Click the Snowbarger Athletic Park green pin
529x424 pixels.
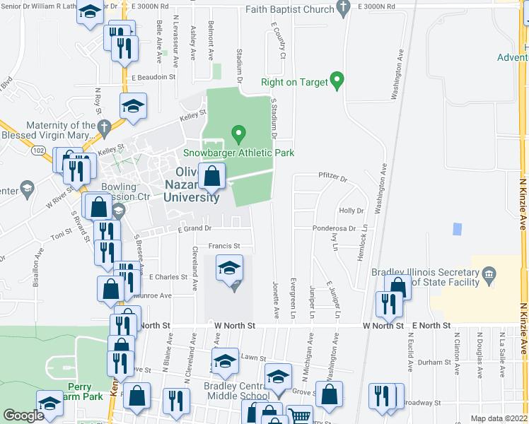[239, 132]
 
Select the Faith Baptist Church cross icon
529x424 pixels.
[344, 9]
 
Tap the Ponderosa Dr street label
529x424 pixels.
[335, 228]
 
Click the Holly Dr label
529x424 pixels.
[351, 211]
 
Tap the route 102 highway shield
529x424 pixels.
[39, 150]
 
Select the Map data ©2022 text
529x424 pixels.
[499, 418]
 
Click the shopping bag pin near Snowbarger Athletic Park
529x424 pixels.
[211, 175]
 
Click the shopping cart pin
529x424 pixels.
[298, 416]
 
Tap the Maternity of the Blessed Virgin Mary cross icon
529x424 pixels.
[105, 128]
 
